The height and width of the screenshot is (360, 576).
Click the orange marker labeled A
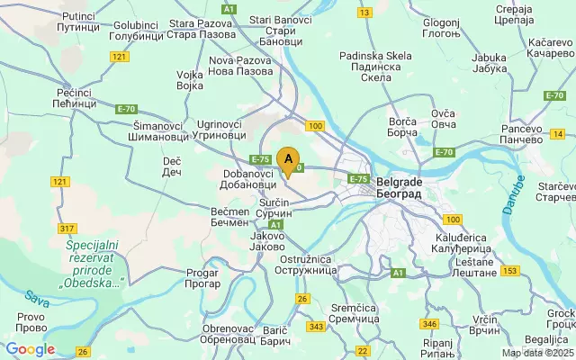288,160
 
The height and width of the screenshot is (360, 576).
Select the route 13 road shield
364,13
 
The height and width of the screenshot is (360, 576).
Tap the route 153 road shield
510,270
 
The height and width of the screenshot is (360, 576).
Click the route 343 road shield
316,326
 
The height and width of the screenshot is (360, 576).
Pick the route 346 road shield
429,323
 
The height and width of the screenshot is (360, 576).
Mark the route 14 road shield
559,134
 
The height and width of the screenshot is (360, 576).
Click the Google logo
30,349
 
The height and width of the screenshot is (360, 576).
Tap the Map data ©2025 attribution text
537,352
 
